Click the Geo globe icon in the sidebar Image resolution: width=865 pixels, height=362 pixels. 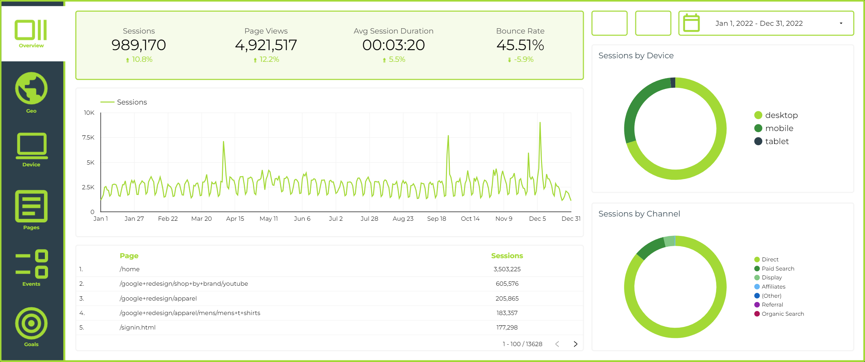(x=31, y=88)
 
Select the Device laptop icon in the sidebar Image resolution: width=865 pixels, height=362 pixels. (x=31, y=146)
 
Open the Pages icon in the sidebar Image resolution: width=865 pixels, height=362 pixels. (x=31, y=206)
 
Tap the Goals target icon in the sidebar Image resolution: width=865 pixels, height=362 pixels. (x=31, y=323)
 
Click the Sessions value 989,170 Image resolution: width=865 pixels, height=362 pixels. (x=139, y=45)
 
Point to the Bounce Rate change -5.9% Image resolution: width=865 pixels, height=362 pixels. (x=520, y=59)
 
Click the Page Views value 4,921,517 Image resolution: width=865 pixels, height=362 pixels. (x=266, y=45)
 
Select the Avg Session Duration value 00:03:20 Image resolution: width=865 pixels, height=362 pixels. (x=393, y=45)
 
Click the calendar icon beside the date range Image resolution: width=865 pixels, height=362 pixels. (x=691, y=23)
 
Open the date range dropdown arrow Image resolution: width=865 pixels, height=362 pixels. (x=841, y=23)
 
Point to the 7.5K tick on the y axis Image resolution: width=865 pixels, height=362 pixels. (x=88, y=137)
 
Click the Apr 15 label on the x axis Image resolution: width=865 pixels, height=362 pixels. (x=235, y=219)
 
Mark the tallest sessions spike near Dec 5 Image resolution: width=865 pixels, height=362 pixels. (x=540, y=123)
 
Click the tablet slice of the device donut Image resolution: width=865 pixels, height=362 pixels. (x=673, y=83)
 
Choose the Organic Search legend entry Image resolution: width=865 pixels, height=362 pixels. (x=779, y=314)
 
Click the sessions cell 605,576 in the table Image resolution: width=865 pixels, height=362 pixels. (x=507, y=284)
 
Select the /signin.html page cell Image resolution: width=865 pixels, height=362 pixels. (x=137, y=327)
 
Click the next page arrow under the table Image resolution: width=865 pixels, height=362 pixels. (x=576, y=344)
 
